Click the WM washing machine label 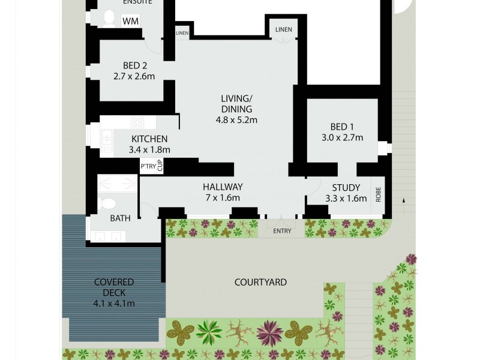click(x=130, y=21)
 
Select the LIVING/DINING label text click(x=236, y=103)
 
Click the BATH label click(x=120, y=218)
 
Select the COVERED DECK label click(x=114, y=287)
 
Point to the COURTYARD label click(x=260, y=282)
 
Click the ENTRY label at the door click(x=281, y=231)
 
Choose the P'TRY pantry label click(x=148, y=166)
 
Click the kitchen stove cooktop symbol click(x=137, y=122)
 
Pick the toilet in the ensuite click(x=108, y=19)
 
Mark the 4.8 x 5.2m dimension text click(x=236, y=119)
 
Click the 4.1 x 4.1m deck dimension click(x=114, y=303)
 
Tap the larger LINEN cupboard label click(x=283, y=29)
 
